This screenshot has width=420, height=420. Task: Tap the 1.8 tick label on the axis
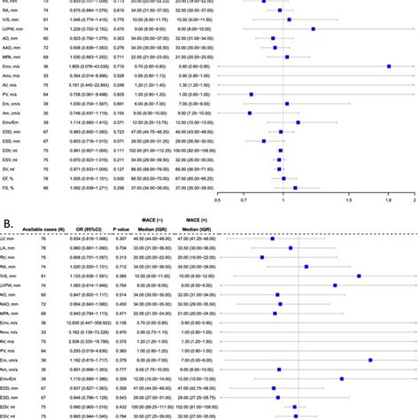[x=389, y=201]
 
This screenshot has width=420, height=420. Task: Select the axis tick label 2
[x=414, y=201]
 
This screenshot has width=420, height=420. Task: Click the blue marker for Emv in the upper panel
[x=390, y=66]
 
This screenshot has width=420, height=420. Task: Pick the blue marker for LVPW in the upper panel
[x=312, y=28]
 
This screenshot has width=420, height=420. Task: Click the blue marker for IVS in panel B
[x=359, y=276]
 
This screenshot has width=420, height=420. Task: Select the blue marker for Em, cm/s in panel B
[x=370, y=360]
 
